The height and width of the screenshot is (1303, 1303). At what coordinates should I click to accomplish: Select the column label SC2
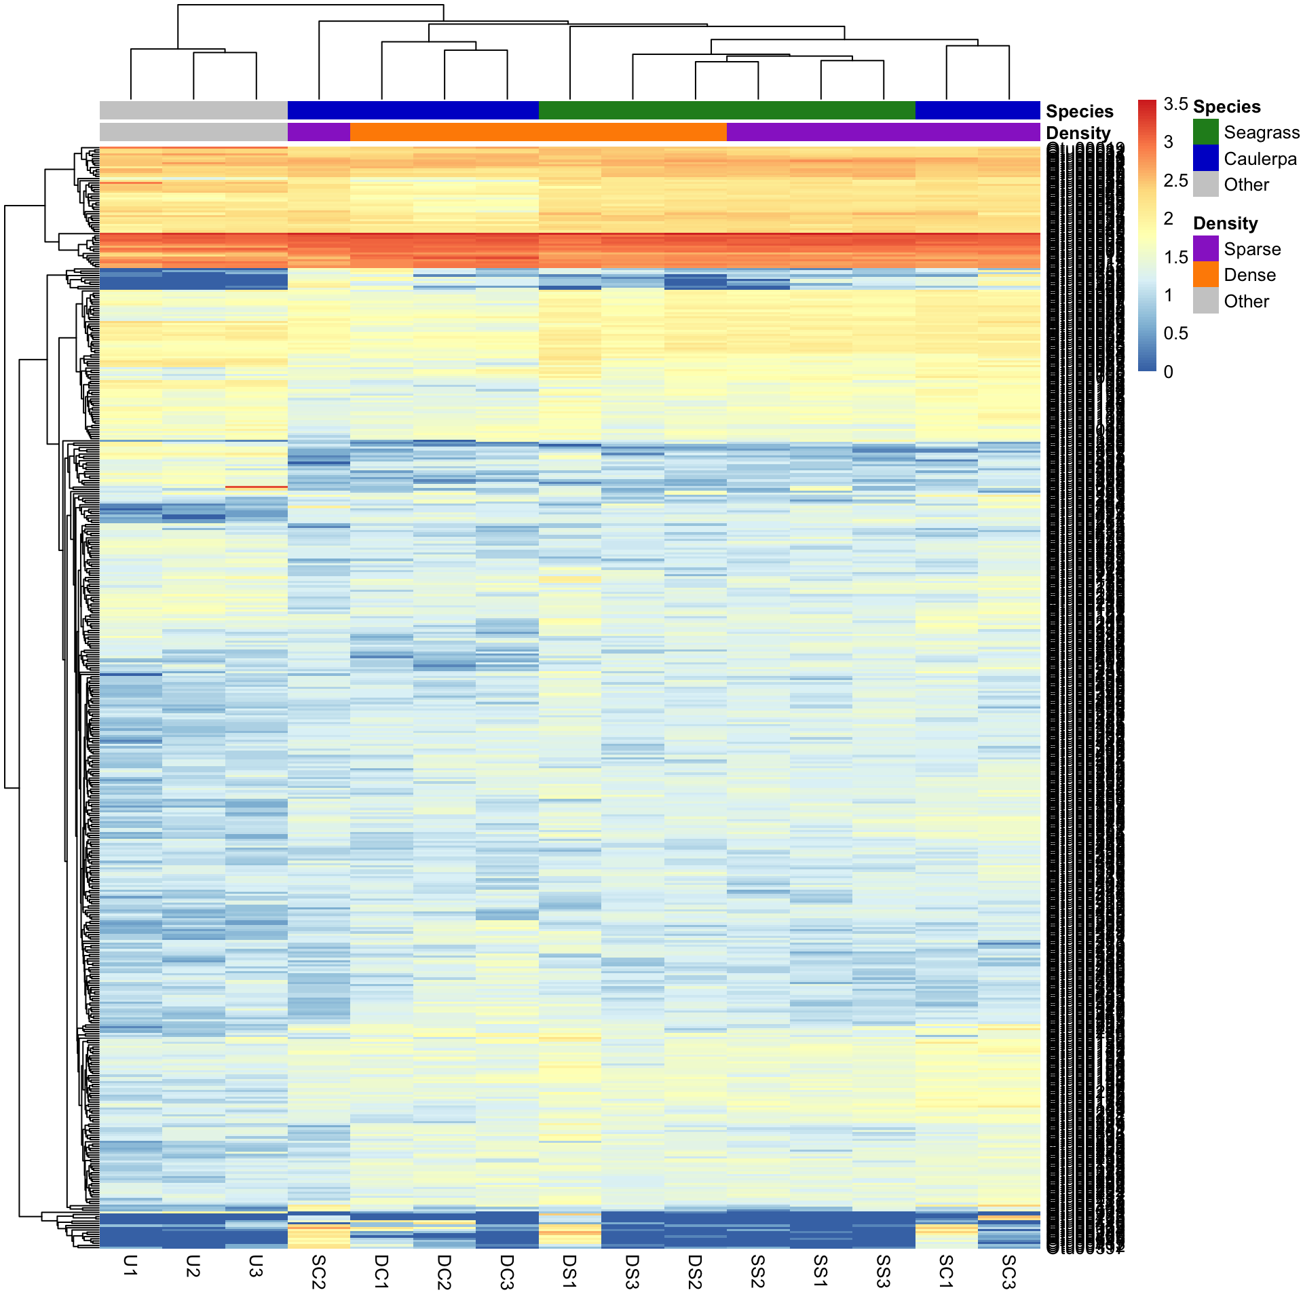(x=318, y=1271)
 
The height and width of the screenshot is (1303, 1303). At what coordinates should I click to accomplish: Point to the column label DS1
(x=569, y=1271)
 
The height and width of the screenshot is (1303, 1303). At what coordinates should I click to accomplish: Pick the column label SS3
(x=883, y=1271)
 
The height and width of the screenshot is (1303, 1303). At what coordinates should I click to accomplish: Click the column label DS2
(x=695, y=1271)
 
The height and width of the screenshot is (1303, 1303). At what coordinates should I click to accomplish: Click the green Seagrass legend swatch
(x=1205, y=132)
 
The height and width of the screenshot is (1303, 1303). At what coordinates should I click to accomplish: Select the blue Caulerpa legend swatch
(x=1205, y=158)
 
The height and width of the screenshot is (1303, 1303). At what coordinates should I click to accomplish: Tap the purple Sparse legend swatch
(x=1205, y=249)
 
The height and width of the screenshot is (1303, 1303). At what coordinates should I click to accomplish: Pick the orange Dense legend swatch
(x=1205, y=275)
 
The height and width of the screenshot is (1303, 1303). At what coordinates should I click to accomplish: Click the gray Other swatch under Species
(x=1205, y=184)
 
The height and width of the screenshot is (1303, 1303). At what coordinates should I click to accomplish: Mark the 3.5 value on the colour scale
(x=1175, y=104)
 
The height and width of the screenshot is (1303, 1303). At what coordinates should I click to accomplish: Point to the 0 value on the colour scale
(x=1168, y=372)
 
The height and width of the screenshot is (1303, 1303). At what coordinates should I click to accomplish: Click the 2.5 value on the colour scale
(x=1175, y=181)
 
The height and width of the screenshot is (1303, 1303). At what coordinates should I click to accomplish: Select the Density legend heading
(x=1225, y=223)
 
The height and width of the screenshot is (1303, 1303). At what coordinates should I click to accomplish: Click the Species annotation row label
(x=1079, y=111)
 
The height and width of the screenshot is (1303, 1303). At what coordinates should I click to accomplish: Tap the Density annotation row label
(x=1078, y=133)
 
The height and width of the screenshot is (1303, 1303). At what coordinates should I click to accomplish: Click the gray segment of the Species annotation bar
(x=193, y=110)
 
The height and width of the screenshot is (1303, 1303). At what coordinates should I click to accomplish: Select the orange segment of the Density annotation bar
(x=538, y=132)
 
